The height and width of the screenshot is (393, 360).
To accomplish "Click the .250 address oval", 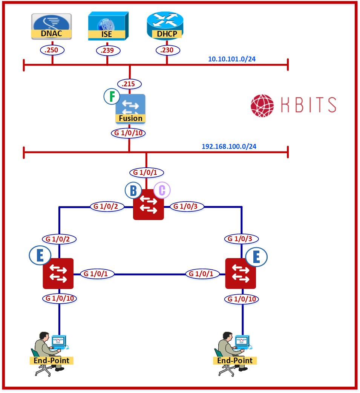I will click(52, 50).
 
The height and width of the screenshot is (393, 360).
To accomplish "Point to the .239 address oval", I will click(107, 50).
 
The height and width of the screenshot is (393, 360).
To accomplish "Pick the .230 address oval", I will click(167, 50).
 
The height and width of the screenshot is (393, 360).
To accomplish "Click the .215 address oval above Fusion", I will click(129, 84).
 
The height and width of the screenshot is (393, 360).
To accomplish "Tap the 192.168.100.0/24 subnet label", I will click(229, 146).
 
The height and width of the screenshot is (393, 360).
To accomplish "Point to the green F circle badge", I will click(112, 97).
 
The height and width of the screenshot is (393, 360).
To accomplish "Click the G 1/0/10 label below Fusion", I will click(129, 133).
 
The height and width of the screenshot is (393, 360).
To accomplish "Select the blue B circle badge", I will click(133, 191).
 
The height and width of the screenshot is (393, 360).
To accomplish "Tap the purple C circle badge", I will click(162, 191).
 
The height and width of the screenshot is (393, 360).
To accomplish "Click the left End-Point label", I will click(51, 361).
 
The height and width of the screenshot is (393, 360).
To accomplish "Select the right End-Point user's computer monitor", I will click(242, 341).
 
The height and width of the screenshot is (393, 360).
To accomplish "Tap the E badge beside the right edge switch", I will click(256, 257).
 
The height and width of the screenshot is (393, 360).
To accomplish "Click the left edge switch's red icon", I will click(58, 274).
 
